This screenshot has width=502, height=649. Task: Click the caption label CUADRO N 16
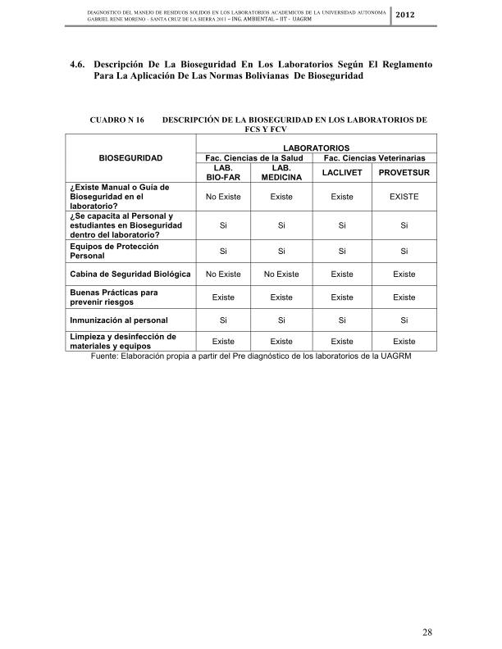116,120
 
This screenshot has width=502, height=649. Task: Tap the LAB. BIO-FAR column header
222,172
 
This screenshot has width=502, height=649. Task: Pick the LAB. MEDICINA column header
281,172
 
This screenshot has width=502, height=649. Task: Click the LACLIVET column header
342,172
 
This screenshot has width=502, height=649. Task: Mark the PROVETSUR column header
404,172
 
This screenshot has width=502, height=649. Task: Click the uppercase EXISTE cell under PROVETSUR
404,197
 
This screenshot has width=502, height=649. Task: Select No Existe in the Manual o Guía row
222,197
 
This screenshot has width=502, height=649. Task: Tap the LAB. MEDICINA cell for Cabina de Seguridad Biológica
281,274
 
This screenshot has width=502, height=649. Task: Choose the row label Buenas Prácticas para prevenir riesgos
114,297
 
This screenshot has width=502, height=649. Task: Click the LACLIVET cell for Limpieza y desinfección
342,341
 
